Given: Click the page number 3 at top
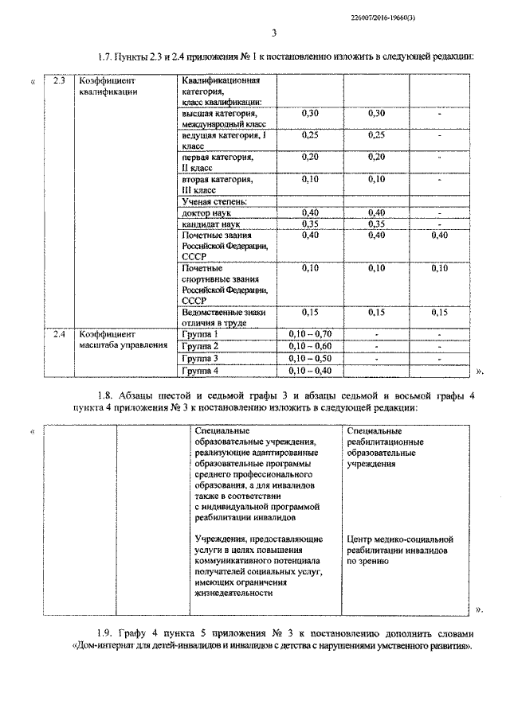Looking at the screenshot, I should [x=273, y=33].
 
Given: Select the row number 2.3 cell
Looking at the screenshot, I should [x=58, y=81].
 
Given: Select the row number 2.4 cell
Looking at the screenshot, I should [x=58, y=334].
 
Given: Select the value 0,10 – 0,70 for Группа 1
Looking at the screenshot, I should [x=311, y=334].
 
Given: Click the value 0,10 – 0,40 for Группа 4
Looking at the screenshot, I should [x=311, y=371].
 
